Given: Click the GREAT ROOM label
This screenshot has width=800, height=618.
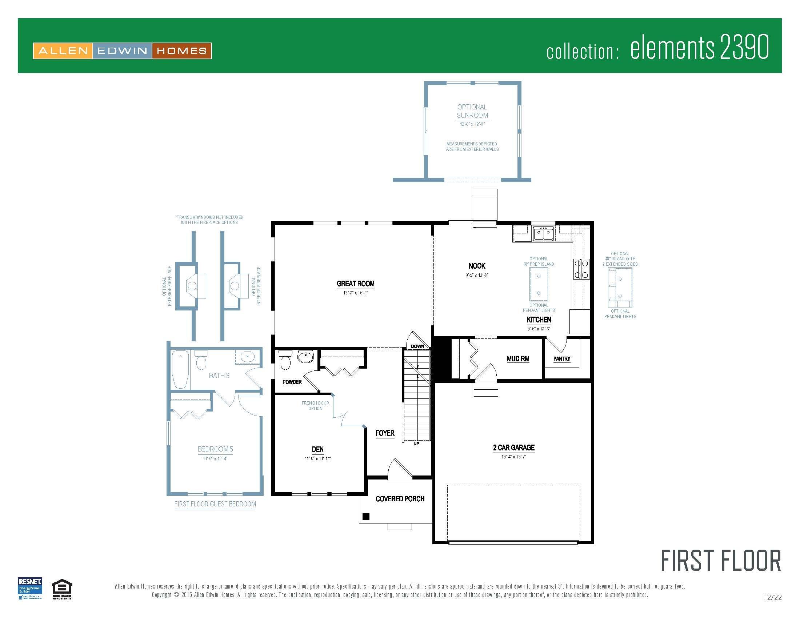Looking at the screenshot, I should [355, 284].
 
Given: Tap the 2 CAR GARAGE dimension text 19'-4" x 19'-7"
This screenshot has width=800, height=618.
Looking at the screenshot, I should [513, 457].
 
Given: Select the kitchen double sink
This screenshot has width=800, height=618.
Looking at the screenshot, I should [543, 233].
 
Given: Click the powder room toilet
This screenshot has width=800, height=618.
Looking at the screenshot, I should [285, 361].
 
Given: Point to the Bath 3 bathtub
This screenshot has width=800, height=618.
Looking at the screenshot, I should [180, 369].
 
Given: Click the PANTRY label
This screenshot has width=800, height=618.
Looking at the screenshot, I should [561, 359].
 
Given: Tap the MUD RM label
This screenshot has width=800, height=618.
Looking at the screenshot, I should [517, 359].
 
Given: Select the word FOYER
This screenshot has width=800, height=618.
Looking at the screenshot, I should [385, 433].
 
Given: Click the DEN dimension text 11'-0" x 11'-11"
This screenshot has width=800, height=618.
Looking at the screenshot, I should [317, 458].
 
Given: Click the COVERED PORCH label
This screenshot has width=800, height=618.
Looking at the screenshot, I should [400, 499].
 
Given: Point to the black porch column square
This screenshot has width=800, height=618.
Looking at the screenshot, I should [365, 516].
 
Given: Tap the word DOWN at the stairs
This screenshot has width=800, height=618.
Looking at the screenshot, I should [417, 346].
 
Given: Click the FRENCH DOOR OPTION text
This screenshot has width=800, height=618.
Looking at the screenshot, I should [315, 405].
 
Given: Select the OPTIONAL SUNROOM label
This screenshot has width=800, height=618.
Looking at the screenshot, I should [472, 111].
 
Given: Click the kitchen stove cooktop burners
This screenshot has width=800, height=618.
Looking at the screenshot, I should [582, 269].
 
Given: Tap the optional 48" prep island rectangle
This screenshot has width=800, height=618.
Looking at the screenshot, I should [539, 284].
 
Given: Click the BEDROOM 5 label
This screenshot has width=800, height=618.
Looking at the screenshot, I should [215, 449].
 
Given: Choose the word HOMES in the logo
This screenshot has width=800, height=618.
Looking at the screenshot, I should [181, 51].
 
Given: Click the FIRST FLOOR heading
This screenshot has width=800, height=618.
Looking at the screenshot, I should [720, 561].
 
